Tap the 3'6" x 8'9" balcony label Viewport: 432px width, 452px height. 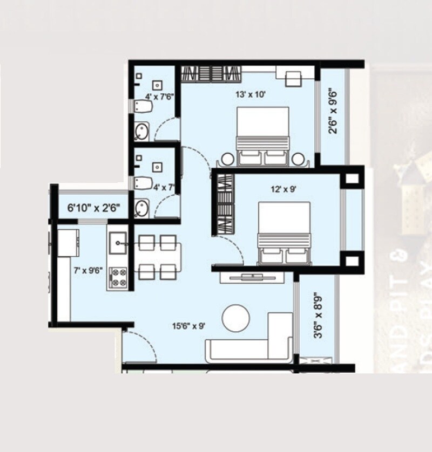[x=318, y=316]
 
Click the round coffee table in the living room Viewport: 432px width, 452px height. [x=235, y=318]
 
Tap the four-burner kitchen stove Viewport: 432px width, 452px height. [x=119, y=277]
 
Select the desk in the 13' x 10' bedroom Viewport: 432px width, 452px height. [x=295, y=76]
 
